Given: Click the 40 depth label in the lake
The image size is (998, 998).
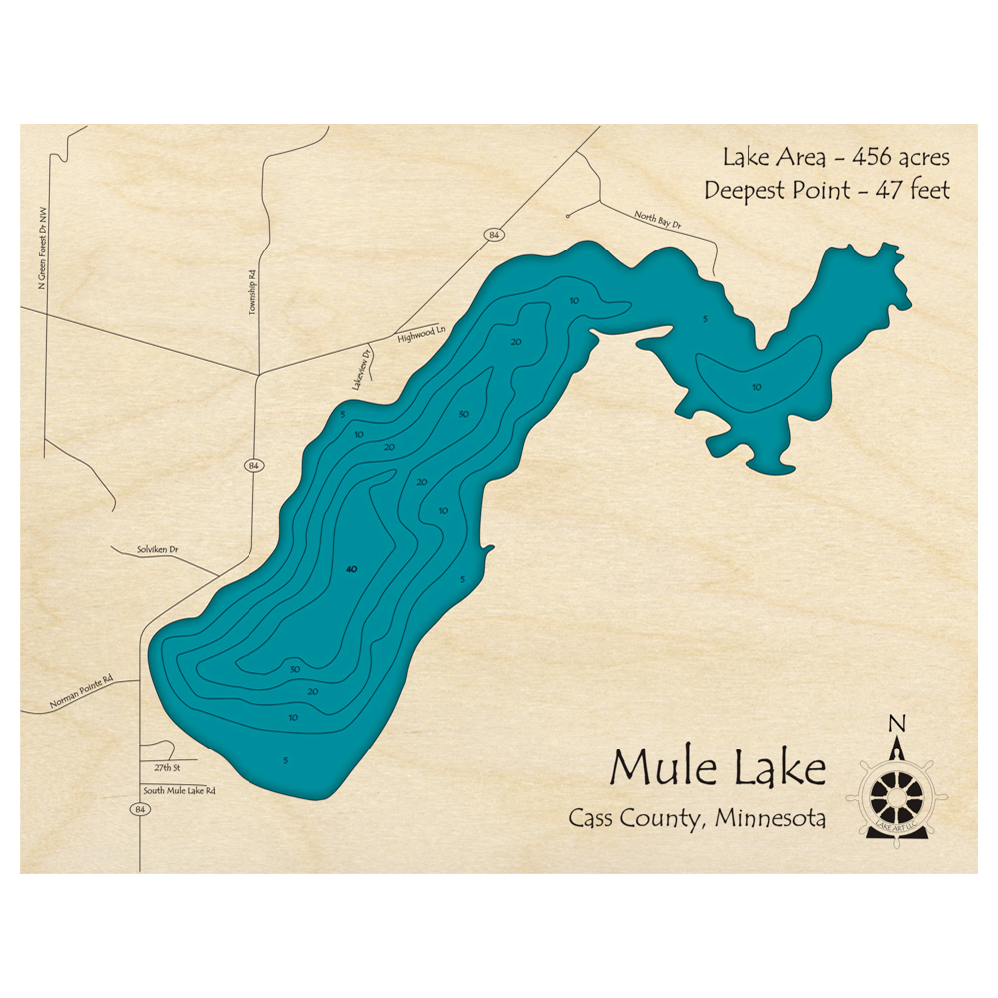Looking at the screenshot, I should pos(349,569).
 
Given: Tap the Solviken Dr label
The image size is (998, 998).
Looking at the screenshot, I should pos(157,550).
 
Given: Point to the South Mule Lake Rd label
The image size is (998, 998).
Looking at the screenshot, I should pos(179,790).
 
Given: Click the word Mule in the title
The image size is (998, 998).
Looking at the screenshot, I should pos(658,768).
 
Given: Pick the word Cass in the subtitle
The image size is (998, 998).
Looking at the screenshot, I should pos(595,818).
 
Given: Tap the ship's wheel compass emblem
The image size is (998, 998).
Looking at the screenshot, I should pos(896,794).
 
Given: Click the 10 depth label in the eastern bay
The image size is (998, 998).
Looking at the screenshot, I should pos(756,387).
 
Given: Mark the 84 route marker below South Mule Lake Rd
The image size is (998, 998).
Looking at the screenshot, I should pos(138,809).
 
